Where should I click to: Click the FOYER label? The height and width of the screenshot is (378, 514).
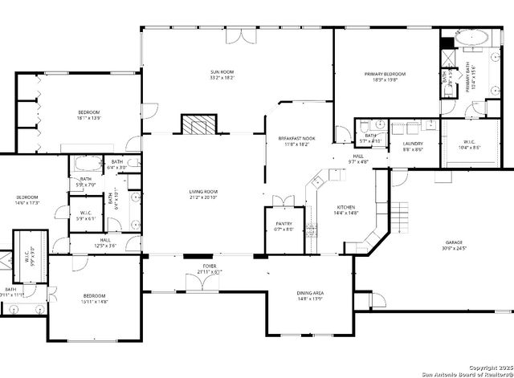209,266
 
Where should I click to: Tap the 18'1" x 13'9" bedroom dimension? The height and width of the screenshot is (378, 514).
88,118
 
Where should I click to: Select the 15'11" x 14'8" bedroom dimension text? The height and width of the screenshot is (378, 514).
94,302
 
